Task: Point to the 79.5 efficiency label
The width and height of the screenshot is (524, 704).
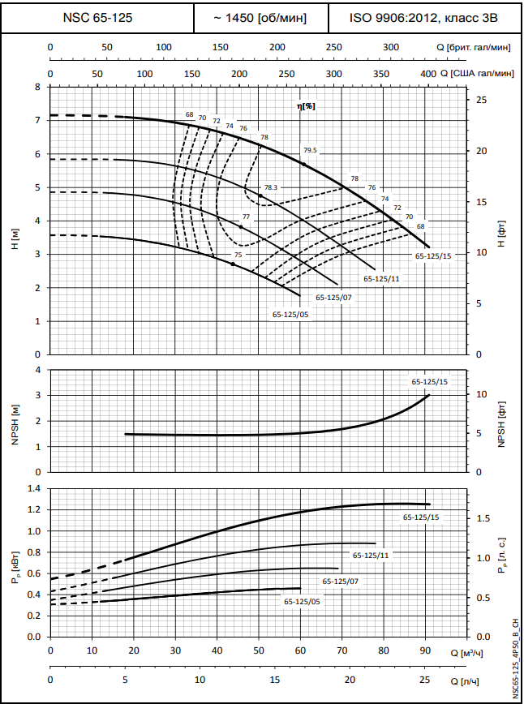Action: point(311,150)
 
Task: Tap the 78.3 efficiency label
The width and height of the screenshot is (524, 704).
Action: point(270,188)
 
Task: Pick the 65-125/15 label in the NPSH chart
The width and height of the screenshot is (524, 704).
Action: point(429,381)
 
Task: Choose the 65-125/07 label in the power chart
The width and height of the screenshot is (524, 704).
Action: point(340,582)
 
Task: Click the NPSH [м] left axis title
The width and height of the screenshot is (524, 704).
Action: point(15,420)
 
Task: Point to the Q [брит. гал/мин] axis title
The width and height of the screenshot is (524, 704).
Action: point(475,47)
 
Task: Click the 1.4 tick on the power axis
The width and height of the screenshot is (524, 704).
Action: point(33,489)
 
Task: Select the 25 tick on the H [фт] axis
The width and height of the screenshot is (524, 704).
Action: point(481,100)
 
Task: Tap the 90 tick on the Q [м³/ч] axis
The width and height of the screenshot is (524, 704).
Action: point(425,651)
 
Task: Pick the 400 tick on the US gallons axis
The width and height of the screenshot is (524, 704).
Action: point(427,74)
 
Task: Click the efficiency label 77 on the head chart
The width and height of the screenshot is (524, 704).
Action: point(247,217)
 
